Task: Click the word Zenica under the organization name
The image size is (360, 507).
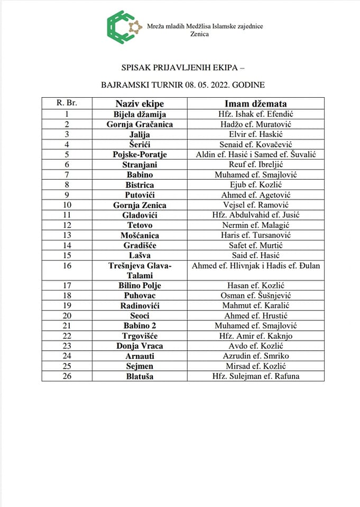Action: tap(199, 34)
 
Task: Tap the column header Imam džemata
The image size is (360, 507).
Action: tap(256, 104)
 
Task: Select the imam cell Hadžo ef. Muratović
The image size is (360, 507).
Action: tap(256, 124)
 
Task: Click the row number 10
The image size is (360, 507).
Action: tap(67, 205)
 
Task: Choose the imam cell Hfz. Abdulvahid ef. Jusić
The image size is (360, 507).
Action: tap(256, 215)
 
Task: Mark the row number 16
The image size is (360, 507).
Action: tap(67, 266)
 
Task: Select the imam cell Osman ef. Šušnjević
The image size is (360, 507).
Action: tap(256, 295)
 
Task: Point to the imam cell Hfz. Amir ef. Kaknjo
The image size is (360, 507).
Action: tap(256, 336)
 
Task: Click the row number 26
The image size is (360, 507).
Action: tap(67, 376)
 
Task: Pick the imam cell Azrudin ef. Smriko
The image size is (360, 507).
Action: tap(256, 356)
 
